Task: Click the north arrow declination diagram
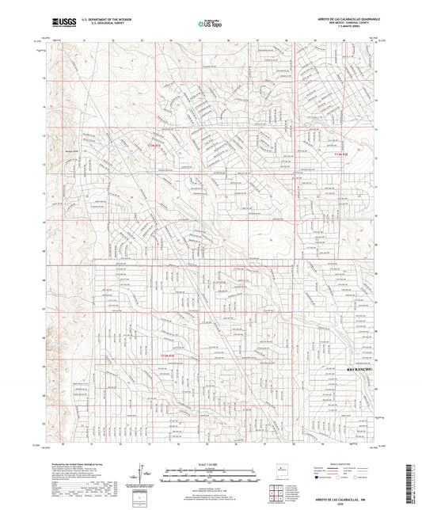coord(145,474)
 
